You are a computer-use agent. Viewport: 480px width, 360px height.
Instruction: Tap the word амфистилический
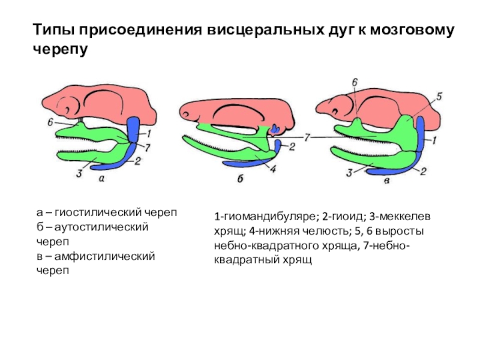pyautogui.click(x=104, y=256)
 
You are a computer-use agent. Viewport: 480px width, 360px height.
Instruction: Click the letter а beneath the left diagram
pyautogui.click(x=100, y=178)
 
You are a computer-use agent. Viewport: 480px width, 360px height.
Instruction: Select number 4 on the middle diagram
pyautogui.click(x=272, y=170)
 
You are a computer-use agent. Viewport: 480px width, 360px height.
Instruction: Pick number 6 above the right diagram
pyautogui.click(x=355, y=82)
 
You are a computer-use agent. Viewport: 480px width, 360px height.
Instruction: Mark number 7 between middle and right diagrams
pyautogui.click(x=308, y=138)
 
